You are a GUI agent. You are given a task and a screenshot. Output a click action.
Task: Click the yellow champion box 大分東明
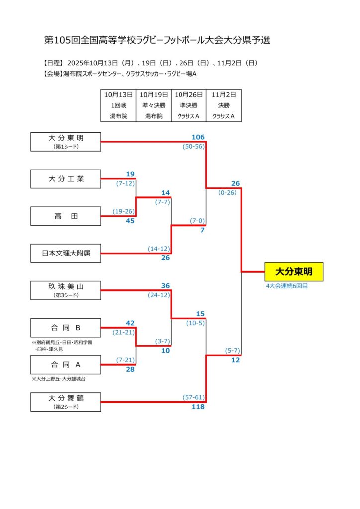[293, 272]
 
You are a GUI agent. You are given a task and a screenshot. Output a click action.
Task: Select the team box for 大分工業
[66, 179]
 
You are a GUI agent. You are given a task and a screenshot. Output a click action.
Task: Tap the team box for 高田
[66, 216]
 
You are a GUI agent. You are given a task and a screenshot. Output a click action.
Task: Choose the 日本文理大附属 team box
[66, 253]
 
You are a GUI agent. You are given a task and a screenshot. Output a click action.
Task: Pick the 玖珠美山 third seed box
[66, 290]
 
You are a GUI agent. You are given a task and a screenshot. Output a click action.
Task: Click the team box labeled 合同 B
[66, 328]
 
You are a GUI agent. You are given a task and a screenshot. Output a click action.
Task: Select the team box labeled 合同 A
[66, 365]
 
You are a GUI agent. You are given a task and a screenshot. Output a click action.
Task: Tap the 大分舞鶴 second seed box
[66, 402]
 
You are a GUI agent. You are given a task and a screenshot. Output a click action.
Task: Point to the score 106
[198, 137]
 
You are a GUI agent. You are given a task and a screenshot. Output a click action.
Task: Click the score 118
[198, 407]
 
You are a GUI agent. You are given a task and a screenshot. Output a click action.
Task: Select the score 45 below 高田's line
[130, 221]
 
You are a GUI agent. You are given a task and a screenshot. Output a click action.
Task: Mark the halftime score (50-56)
[193, 146]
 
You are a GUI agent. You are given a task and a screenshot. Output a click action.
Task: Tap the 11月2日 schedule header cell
[223, 94]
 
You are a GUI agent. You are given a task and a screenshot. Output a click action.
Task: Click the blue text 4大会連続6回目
[286, 286]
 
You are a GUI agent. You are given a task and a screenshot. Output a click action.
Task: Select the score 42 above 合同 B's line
[130, 323]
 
